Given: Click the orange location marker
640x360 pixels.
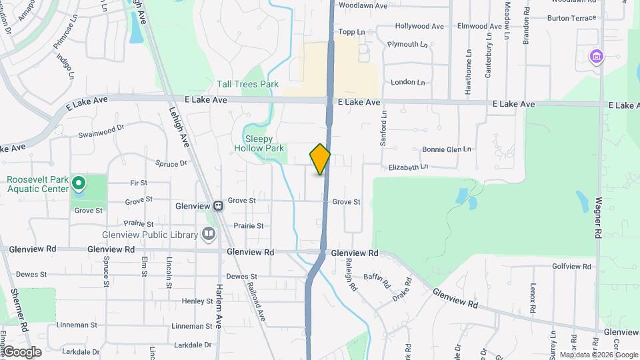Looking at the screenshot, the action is (320, 159).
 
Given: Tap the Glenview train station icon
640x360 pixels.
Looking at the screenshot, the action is (219, 207).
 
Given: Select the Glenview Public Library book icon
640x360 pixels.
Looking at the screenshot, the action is (209, 234).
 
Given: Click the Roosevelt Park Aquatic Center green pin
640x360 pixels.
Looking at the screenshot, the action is (78, 182).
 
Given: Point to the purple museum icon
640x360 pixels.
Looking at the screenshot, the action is (596, 57).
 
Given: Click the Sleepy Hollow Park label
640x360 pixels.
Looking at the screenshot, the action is (260, 143).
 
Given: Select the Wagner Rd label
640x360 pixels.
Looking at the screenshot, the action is (598, 219).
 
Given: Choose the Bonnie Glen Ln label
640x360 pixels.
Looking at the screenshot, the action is (447, 149).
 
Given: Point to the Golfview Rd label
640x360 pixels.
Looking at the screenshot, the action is (571, 266).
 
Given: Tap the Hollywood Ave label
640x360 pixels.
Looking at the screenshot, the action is (419, 27).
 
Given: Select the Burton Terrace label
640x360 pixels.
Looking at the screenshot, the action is (571, 18).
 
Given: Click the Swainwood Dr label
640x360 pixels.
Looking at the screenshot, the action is (101, 131).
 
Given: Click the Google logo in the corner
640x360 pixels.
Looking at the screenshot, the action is (22, 352).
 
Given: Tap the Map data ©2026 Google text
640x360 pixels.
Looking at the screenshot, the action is (599, 355).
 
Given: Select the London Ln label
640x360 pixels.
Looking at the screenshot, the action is (408, 82).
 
